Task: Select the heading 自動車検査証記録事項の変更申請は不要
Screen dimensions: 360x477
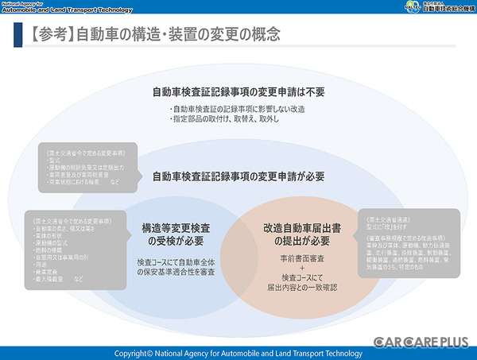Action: point(238,90)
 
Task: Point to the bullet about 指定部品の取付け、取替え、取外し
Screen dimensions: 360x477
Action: point(225,118)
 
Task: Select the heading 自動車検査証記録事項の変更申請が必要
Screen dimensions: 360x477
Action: point(238,176)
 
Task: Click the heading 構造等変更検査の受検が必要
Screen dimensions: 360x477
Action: point(172,232)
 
